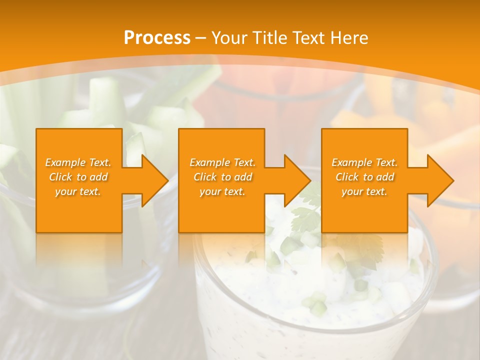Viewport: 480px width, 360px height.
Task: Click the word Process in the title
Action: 157,38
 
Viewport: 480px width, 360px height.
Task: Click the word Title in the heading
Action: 268,38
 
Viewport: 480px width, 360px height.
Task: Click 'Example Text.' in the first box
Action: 78,162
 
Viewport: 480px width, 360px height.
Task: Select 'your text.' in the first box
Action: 78,191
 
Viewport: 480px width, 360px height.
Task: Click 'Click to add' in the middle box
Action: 222,177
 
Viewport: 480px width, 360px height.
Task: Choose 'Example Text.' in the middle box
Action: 222,162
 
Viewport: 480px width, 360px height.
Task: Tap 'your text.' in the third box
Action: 364,191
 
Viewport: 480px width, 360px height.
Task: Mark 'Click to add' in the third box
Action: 364,177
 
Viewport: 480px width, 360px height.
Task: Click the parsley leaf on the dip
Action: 306,217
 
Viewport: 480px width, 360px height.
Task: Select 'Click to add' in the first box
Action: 78,177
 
